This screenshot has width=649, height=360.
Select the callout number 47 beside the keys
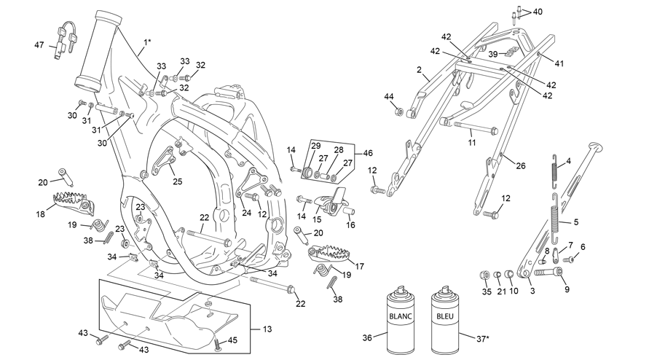[x=39, y=45]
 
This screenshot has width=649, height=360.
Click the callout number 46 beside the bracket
[x=367, y=153]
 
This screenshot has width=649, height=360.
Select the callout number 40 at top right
[x=537, y=12]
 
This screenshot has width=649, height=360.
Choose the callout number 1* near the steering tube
[x=147, y=42]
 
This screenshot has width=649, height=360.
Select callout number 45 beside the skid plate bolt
[x=233, y=340]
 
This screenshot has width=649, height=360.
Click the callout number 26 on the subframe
[x=521, y=165]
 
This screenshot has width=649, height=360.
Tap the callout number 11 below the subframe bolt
[x=472, y=143]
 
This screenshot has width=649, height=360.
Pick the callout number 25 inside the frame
[x=177, y=181]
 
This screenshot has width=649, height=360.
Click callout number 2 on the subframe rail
[x=419, y=70]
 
